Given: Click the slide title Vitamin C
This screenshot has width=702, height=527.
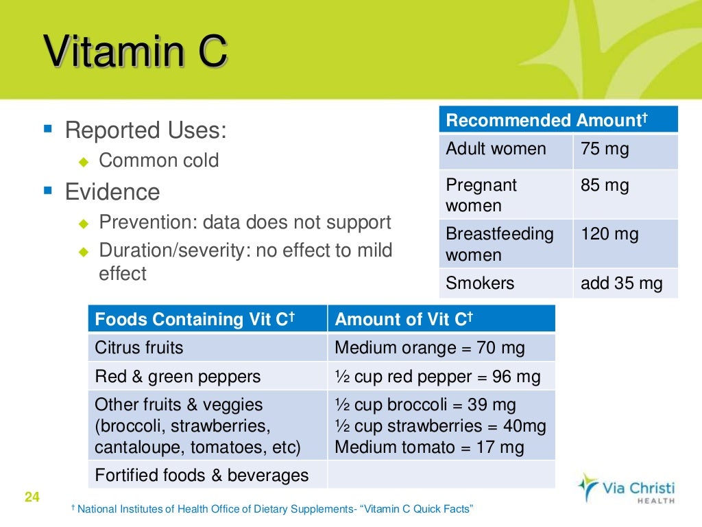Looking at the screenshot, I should click(135, 54).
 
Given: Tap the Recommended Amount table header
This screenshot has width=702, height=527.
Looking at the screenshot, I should click(546, 121).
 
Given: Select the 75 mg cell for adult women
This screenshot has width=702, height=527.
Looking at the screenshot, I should click(605, 150).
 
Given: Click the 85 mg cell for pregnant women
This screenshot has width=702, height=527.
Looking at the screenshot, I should click(605, 185).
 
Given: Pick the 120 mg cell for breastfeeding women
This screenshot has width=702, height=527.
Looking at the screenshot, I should click(609, 235).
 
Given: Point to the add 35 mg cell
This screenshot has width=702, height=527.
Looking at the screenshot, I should click(621, 283).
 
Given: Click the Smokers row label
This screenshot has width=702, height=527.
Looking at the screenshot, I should click(480, 283).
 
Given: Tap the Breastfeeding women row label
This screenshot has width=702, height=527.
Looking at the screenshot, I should click(499, 244).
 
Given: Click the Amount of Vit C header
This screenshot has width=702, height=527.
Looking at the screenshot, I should click(404, 319).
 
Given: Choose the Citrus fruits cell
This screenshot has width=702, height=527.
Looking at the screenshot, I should click(139, 348).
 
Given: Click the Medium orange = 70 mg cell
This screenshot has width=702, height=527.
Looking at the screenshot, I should click(430, 348).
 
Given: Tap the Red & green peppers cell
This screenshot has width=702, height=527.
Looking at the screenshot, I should click(178, 377).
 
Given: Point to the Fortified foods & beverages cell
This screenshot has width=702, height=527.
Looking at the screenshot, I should click(202, 475).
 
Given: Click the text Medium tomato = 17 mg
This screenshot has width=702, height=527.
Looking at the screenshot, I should click(429, 448).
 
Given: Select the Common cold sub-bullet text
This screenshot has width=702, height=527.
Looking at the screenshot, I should click(159, 161).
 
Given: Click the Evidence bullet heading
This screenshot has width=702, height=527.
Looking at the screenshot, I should click(112, 192).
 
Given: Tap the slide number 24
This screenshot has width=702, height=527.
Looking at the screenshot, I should click(32, 497).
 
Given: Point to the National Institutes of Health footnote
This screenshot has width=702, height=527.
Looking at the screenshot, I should click(274, 509).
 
